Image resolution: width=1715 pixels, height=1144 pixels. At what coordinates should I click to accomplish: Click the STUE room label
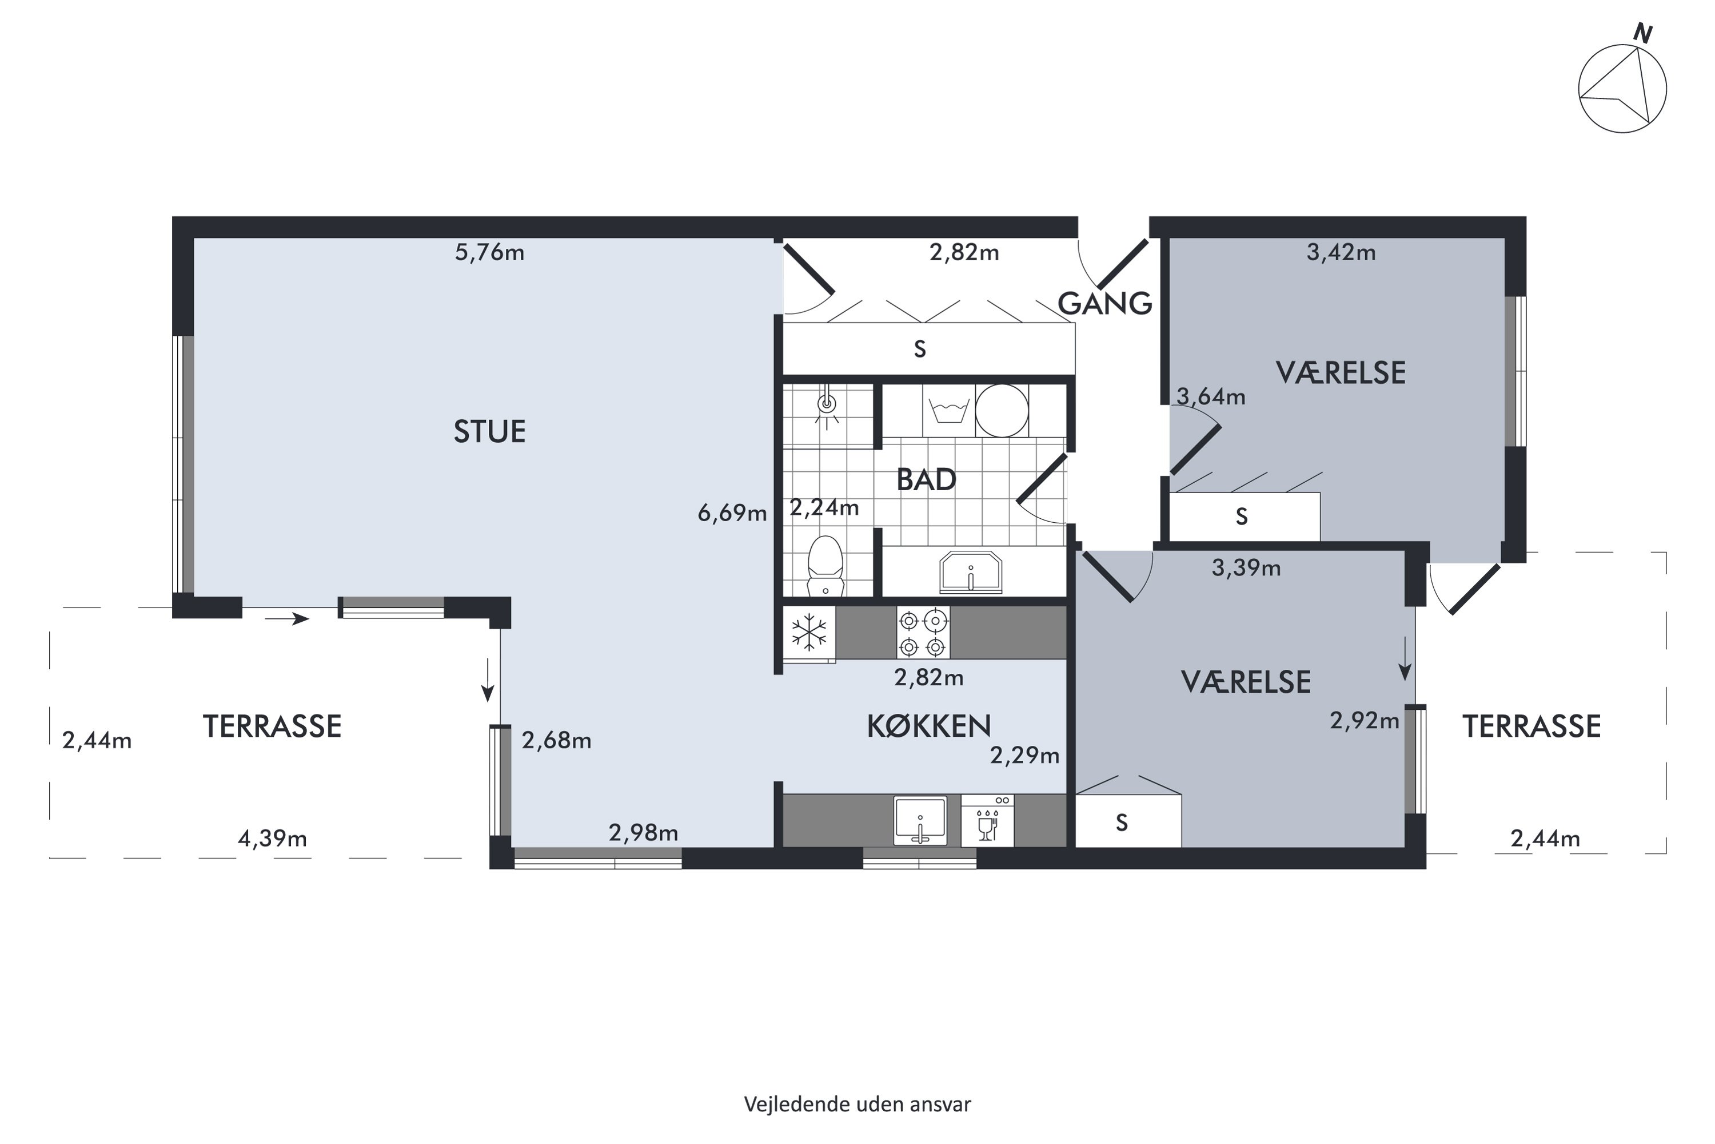pos(489,431)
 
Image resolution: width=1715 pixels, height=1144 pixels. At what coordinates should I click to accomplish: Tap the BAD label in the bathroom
pos(926,479)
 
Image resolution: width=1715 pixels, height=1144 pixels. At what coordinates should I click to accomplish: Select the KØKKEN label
pos(929,726)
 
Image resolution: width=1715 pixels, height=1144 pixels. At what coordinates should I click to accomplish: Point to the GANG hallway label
pos(1104,303)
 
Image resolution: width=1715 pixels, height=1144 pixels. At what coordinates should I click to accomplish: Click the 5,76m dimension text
pos(489,252)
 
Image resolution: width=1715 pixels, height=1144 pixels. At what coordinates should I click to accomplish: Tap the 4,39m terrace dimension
pos(272,839)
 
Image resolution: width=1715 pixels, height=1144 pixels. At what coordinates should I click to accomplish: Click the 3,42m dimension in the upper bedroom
pos(1341,252)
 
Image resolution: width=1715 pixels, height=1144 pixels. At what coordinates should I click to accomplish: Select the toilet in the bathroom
pos(825,566)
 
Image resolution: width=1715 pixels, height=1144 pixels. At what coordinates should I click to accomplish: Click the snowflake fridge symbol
pos(809,632)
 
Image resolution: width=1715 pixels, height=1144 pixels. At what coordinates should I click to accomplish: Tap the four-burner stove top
pos(923,633)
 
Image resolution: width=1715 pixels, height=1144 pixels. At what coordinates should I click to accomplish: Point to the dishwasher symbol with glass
pos(987,821)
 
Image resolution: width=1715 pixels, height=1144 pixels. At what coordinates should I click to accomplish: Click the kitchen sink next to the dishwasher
pos(920,821)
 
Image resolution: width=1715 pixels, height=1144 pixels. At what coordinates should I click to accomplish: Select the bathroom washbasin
pos(971,572)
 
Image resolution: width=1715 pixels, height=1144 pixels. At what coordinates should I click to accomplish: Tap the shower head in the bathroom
pos(827,403)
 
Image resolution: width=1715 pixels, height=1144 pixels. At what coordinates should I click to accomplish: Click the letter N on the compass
pos(1642,33)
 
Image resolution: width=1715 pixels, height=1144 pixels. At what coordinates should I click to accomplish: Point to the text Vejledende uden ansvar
pos(857,1104)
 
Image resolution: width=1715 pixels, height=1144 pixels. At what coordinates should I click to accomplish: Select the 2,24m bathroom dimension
pos(824,507)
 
